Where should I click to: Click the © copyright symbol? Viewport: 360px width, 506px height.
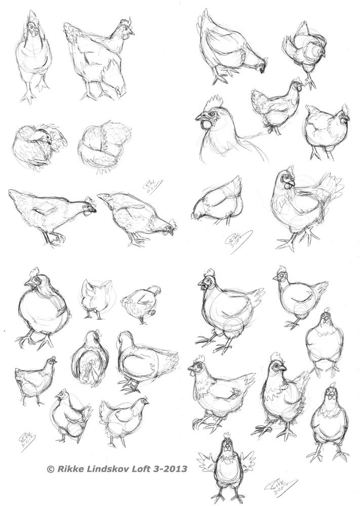[50, 470]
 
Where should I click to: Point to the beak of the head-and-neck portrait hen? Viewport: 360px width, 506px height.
[198, 118]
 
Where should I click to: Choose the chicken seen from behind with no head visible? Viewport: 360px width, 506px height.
[96, 299]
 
